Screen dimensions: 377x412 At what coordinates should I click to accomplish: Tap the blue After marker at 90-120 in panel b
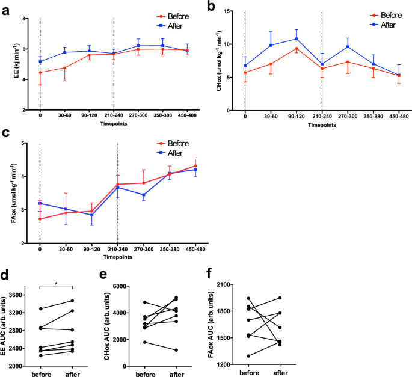[x=297, y=39]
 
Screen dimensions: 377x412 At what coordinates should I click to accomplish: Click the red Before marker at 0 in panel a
[x=40, y=73]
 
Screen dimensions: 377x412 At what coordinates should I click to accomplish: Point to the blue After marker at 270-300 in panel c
[x=143, y=195]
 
